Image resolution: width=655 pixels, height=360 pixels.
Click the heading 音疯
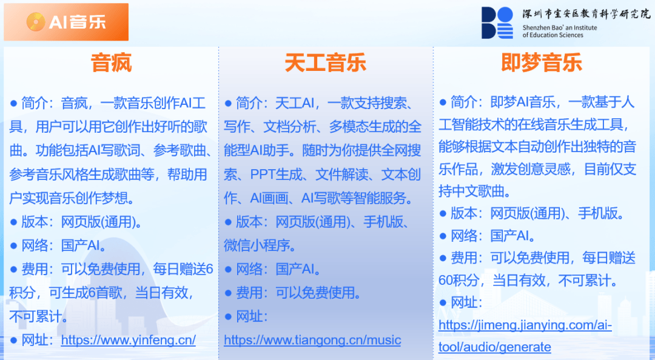(x=111, y=63)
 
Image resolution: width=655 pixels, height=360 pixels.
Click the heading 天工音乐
(x=326, y=63)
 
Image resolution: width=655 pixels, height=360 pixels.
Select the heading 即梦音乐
(x=542, y=63)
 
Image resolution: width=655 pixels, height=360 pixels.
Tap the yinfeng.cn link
(x=128, y=340)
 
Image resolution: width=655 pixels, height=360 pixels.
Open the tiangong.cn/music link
(x=312, y=341)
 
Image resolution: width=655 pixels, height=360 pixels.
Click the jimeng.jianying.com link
(x=525, y=336)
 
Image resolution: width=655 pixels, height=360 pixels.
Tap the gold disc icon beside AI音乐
(x=36, y=22)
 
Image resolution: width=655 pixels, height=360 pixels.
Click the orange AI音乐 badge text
(x=77, y=22)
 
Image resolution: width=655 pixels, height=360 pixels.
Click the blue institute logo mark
(x=497, y=23)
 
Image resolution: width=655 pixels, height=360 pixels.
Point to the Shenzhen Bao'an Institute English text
(x=560, y=32)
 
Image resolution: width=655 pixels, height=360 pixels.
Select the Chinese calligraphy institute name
(x=586, y=14)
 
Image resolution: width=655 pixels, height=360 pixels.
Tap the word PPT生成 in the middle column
(x=276, y=174)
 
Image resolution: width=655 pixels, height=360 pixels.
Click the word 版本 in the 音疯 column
(x=35, y=222)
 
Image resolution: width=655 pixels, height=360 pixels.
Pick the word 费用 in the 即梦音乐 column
(x=464, y=258)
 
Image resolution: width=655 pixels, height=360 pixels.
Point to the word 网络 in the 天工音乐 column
(x=249, y=269)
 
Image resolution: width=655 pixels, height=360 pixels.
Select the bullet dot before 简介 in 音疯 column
(x=14, y=103)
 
